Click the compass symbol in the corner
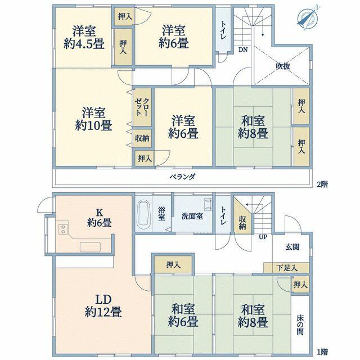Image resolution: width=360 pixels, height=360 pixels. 307,18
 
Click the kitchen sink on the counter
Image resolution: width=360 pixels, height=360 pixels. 90,247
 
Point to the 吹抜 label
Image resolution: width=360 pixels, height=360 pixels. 282,66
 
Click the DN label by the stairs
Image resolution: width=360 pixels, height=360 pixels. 242,49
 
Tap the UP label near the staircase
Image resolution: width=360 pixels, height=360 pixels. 263,237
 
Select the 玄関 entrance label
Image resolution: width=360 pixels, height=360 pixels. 292,247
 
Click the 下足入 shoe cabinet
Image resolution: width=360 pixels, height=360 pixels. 286,268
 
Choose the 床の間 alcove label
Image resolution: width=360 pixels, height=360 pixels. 300,325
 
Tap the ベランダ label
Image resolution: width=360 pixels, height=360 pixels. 183,177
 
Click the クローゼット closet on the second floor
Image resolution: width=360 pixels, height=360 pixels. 142,107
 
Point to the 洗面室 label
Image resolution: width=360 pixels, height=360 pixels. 192,216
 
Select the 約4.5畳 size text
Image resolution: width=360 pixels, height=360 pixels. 84,44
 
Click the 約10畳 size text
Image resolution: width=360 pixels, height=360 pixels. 93,125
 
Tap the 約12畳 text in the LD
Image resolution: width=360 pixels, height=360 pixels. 103,312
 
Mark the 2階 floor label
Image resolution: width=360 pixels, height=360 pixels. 322,184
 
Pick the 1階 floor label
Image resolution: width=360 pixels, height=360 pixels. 322,352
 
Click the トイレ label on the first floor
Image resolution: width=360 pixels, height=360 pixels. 223,216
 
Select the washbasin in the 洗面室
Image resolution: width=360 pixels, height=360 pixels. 208,204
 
